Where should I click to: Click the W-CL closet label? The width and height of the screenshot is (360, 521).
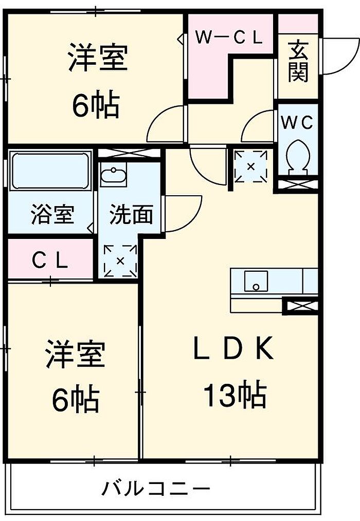click(229, 37)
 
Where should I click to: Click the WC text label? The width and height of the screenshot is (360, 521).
click(297, 123)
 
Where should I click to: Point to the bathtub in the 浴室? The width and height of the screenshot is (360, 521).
click(50, 171)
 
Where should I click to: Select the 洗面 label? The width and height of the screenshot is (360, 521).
click(132, 215)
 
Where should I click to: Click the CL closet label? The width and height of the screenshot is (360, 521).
click(50, 261)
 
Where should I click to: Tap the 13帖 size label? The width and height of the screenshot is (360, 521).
click(235, 395)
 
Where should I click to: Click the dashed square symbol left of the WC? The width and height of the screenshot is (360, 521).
click(251, 166)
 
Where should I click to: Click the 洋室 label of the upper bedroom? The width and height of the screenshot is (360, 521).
click(98, 59)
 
